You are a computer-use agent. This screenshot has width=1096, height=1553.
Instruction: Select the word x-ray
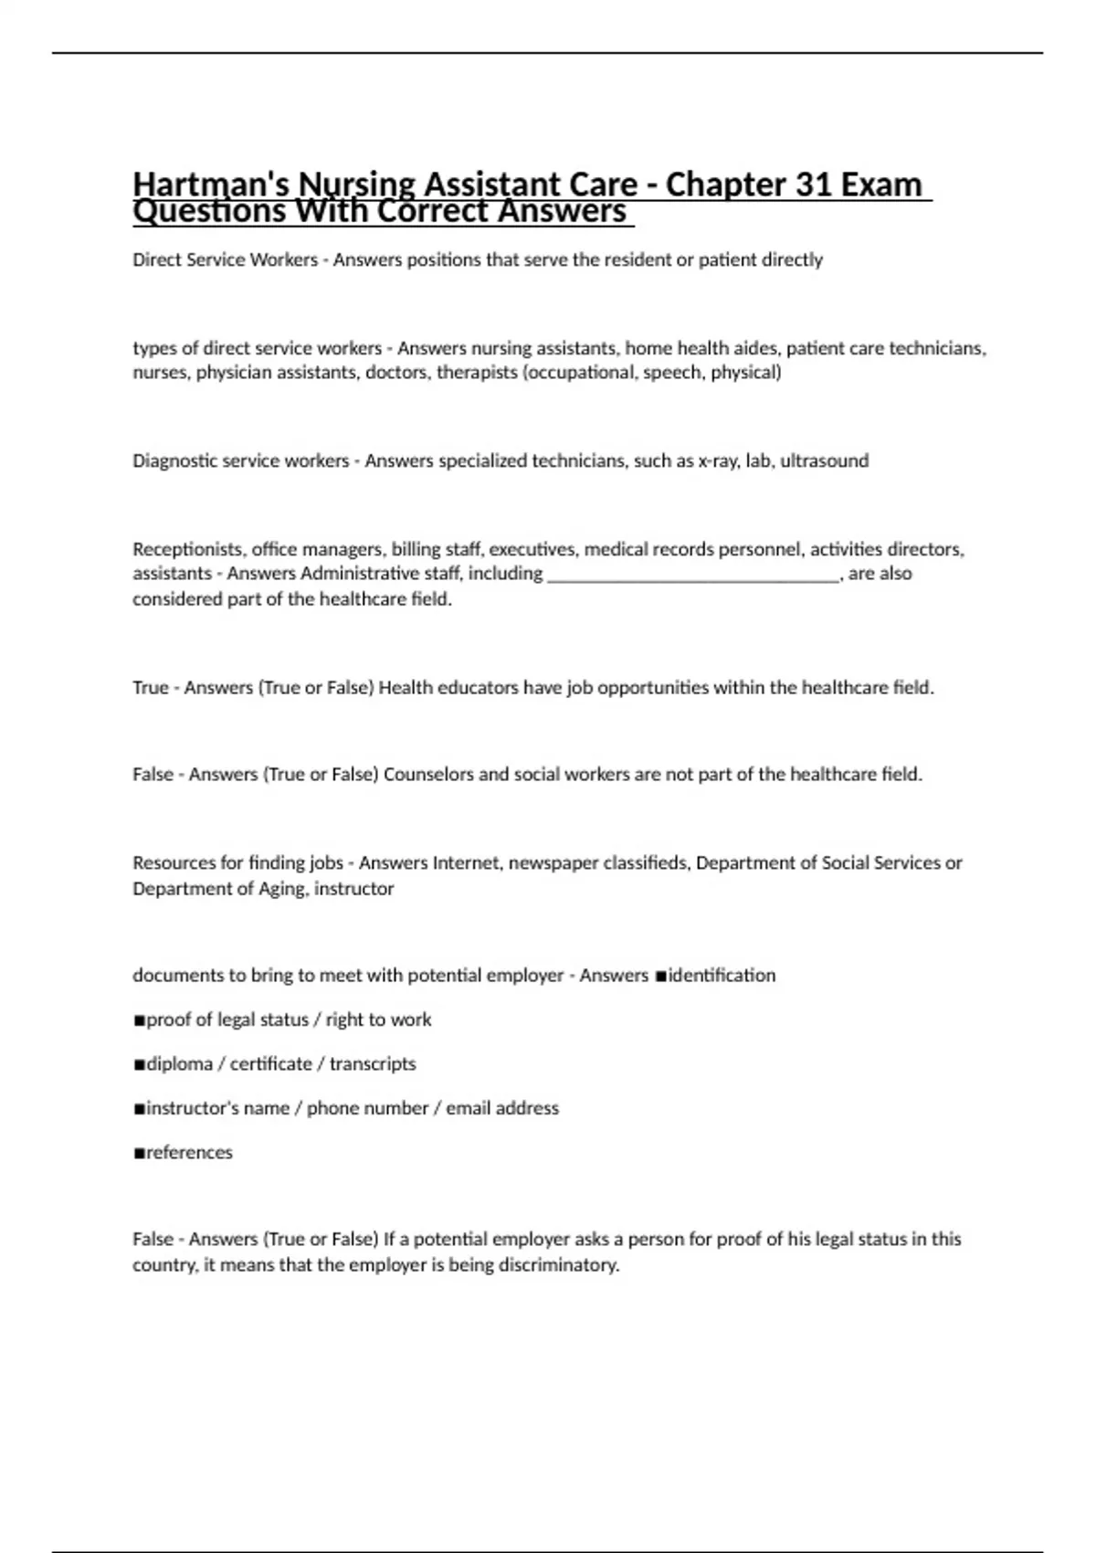point(719,460)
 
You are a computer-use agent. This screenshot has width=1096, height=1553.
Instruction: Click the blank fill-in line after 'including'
point(692,575)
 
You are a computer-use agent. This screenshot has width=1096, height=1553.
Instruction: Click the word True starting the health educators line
point(151,688)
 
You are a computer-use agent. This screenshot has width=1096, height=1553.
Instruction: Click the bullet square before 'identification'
point(660,977)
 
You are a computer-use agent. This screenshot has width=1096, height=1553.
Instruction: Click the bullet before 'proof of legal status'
point(139,1020)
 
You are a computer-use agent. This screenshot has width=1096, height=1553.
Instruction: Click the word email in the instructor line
point(469,1108)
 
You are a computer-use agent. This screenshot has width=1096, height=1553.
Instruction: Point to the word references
point(189,1153)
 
